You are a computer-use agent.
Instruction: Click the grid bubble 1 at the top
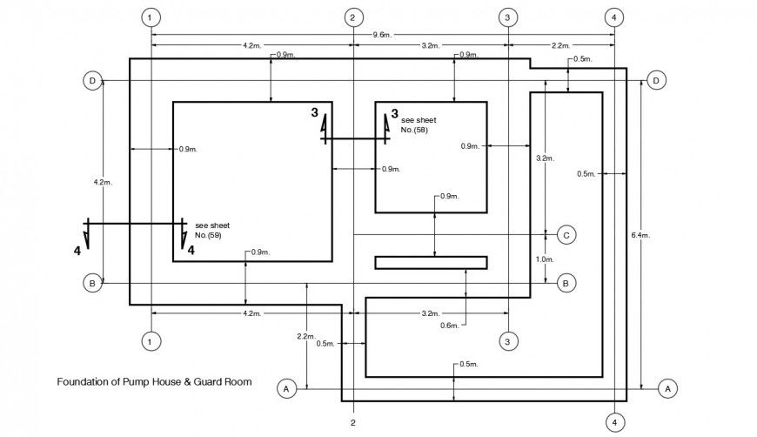click(151, 17)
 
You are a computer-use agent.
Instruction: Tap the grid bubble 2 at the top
click(352, 17)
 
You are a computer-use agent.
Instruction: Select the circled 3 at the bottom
click(507, 340)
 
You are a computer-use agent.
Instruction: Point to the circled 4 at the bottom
click(614, 422)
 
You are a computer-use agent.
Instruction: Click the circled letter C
click(566, 235)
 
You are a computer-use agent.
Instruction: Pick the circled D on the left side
click(91, 81)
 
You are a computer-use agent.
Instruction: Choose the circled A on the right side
click(667, 387)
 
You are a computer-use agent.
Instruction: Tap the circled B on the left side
click(91, 283)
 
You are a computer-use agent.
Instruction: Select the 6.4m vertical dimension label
click(640, 235)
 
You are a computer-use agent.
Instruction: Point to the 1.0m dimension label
click(545, 259)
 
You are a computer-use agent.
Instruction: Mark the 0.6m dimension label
click(448, 326)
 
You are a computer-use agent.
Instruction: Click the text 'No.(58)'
click(414, 130)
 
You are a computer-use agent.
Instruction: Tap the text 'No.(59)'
click(208, 235)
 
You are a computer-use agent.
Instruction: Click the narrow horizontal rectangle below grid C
click(431, 262)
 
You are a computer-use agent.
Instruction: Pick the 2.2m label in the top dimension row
click(560, 45)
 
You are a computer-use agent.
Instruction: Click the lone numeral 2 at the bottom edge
click(352, 423)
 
